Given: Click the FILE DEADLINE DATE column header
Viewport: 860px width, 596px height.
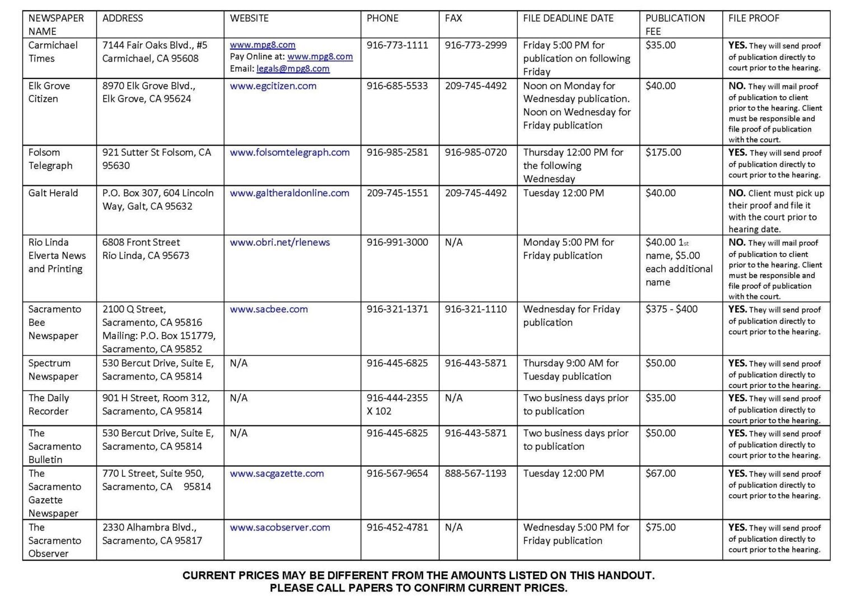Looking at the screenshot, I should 568,18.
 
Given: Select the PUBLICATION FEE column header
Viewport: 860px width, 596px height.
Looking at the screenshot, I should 675,25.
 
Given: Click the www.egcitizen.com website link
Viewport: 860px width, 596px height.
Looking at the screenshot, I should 273,86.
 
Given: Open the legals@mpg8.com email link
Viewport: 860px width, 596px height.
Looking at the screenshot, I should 293,69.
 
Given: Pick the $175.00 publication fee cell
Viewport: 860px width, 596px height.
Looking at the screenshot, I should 663,152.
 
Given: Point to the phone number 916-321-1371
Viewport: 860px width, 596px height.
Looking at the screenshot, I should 397,309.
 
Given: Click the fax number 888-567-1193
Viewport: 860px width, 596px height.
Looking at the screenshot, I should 475,473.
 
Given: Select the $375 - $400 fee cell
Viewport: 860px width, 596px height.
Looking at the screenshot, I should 671,309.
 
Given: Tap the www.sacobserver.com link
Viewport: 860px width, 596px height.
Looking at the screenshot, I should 279,527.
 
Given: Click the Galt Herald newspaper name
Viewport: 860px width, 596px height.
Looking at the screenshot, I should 53,193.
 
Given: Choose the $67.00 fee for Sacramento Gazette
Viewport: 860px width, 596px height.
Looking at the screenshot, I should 660,473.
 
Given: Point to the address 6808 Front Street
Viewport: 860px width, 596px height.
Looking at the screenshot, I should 141,242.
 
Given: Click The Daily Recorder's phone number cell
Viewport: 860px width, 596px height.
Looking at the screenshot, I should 397,404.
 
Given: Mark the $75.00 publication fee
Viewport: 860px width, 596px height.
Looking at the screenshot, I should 660,527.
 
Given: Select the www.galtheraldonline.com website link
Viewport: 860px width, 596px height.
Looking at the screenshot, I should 289,193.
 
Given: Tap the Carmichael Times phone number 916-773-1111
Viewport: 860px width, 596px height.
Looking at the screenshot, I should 397,45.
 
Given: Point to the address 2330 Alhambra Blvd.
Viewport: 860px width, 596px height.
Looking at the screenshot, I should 149,527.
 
